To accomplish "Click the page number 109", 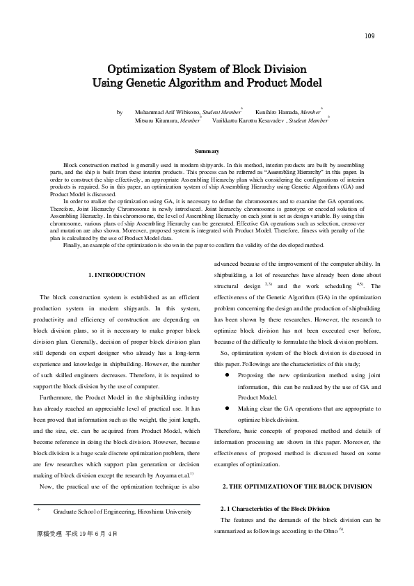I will coord(369,36).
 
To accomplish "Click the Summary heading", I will coord(207,152).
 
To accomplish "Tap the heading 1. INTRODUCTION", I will coord(117,276).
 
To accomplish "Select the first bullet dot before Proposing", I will coord(228,375).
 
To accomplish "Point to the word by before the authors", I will coord(120,111).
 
